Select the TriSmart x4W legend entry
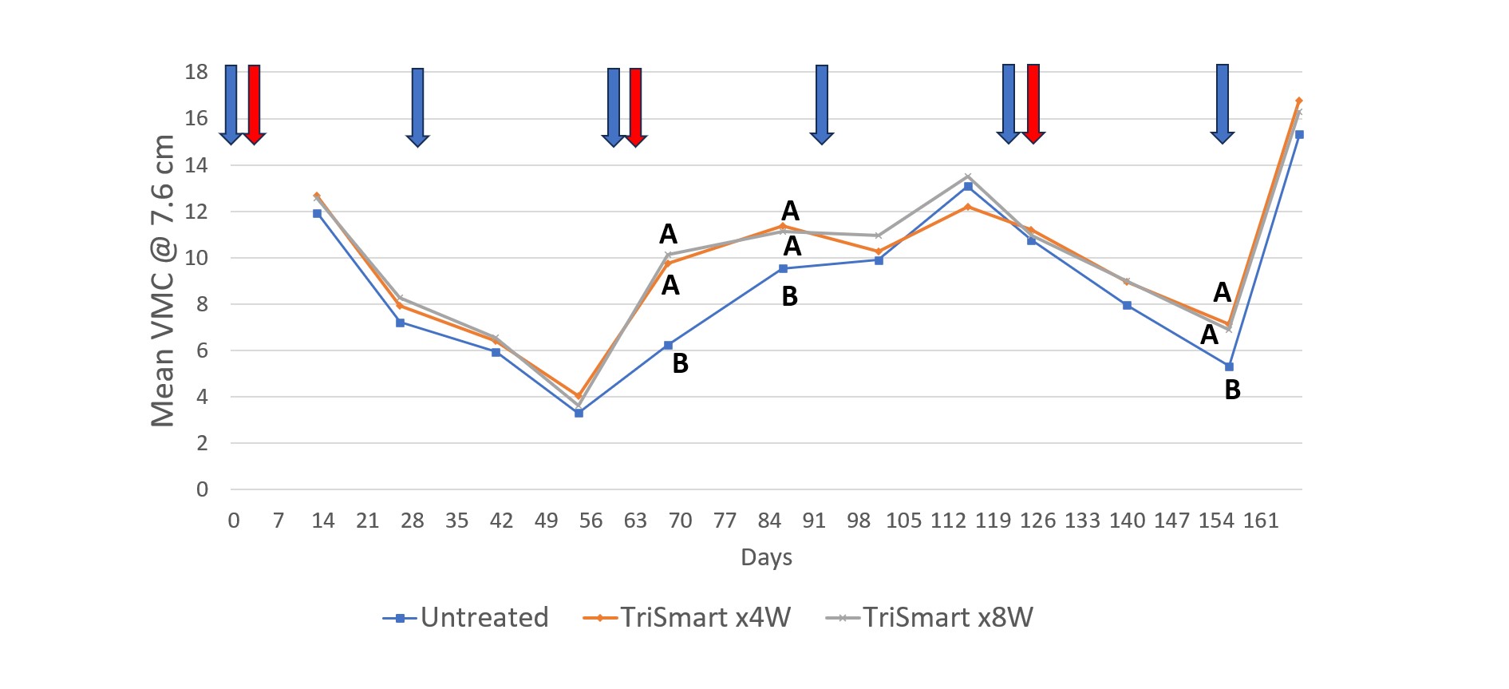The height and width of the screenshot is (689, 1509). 687,617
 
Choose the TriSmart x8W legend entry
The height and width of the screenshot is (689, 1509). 929,617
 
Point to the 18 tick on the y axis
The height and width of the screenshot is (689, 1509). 196,72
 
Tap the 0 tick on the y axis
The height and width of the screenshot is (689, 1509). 203,489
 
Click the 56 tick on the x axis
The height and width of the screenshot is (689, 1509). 591,521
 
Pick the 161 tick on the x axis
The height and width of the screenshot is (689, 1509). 1261,521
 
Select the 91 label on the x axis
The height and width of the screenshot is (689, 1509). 814,521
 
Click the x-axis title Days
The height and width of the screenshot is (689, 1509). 766,557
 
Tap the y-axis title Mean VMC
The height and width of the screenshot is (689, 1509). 163,279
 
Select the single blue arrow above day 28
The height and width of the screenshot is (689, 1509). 417,107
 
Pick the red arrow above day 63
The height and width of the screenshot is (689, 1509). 635,107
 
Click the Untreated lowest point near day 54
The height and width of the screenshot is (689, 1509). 579,413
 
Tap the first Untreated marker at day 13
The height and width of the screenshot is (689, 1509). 317,213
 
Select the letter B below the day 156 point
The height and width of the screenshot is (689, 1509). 1232,390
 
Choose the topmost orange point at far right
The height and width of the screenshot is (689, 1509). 1299,101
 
